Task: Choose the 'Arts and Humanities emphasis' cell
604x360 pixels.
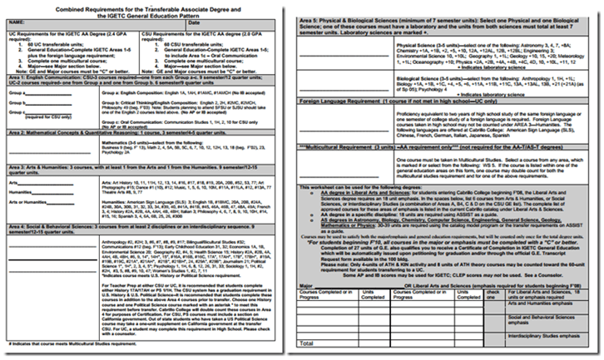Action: click(548, 306)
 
